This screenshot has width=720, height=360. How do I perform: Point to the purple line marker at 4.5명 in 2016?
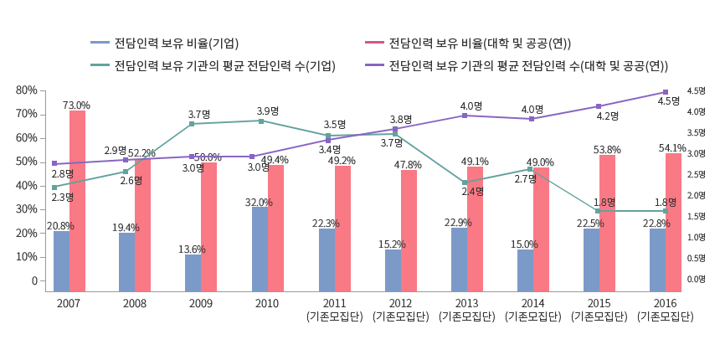coord(666,92)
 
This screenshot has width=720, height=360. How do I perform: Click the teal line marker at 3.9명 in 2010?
coord(261,121)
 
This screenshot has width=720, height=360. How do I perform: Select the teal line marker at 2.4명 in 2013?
coord(464,183)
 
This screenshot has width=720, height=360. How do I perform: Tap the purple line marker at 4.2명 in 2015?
coord(599,106)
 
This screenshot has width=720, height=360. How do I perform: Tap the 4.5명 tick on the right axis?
coord(696,91)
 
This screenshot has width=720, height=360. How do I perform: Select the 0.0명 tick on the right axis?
coord(696,280)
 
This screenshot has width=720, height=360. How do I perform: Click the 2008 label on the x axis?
coord(134,302)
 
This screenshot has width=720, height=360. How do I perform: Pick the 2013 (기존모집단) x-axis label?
coord(466,309)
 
